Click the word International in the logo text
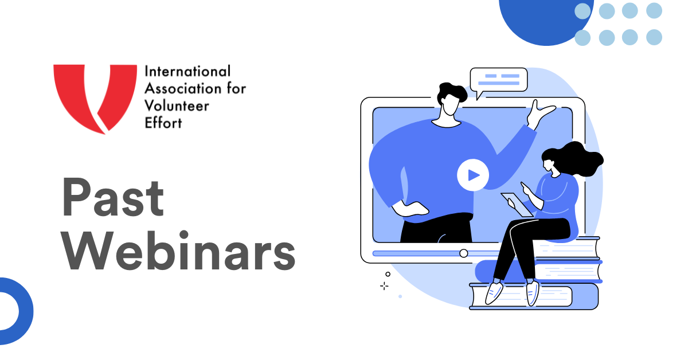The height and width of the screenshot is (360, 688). tap(187, 71)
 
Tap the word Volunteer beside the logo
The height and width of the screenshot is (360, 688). tap(177, 106)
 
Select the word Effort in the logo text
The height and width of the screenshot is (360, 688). tap(163, 123)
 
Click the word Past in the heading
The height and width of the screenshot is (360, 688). tap(113, 197)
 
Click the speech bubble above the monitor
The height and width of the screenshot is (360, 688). tap(498, 80)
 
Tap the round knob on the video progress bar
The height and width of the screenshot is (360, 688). tap(463, 253)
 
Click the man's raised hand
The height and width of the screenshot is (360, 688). tap(539, 114)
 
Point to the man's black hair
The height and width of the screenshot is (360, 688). tap(452, 92)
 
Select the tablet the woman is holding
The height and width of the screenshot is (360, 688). tap(517, 204)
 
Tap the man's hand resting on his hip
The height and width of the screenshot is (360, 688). tap(410, 209)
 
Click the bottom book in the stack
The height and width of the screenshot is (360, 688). tap(534, 296)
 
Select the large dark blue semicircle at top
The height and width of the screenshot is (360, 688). tap(545, 22)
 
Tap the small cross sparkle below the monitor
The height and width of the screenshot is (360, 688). tap(384, 286)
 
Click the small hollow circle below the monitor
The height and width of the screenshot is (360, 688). tap(388, 274)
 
